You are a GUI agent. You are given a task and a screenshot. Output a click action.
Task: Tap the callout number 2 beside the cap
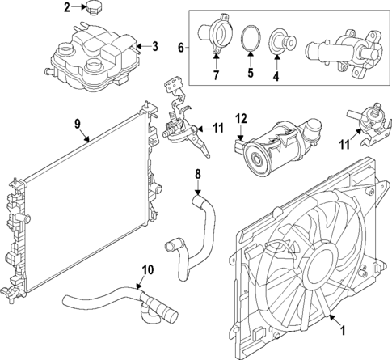point(67,8)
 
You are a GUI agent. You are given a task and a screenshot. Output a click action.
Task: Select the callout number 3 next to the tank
point(155,46)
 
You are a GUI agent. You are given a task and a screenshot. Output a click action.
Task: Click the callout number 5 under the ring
point(250,73)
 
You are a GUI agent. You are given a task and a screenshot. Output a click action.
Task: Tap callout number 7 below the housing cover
point(217,75)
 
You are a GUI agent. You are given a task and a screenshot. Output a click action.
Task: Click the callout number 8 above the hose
point(196,173)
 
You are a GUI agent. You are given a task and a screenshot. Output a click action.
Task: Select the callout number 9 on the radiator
point(78,124)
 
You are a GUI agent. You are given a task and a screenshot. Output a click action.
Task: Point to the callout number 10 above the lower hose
point(146,270)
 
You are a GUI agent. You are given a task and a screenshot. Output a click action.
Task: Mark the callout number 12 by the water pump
point(240,120)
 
